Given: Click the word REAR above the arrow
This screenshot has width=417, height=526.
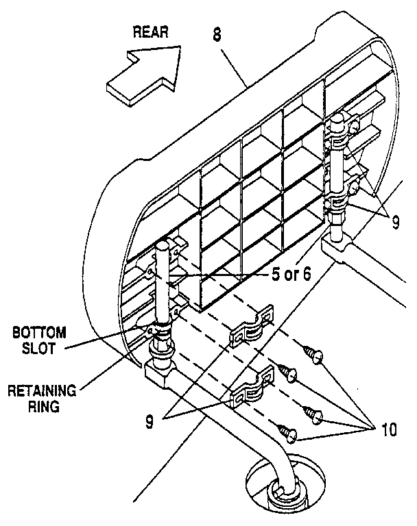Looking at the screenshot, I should click(x=151, y=33).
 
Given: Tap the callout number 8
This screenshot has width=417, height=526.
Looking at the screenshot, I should click(x=217, y=35).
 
